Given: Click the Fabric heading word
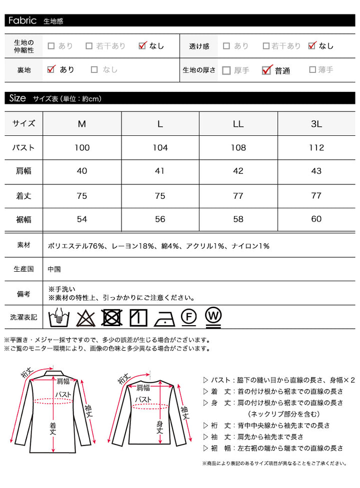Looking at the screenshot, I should click(x=22, y=20).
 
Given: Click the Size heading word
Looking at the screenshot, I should click(x=17, y=98).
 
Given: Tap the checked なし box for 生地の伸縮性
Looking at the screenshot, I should click(x=142, y=46).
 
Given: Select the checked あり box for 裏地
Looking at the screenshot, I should click(x=50, y=69).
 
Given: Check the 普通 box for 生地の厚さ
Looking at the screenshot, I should click(x=266, y=70).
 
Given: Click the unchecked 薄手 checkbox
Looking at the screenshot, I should click(x=312, y=70).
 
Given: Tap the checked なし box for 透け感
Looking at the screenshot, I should click(x=312, y=46).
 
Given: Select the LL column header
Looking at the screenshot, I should click(x=238, y=123).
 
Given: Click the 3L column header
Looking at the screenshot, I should click(x=316, y=123).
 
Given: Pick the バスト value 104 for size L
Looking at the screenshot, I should click(x=160, y=147).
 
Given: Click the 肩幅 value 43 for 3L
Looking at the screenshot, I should click(x=316, y=171).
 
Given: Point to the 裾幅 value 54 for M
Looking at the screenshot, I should click(x=82, y=219).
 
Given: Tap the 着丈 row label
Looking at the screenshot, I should click(x=23, y=196).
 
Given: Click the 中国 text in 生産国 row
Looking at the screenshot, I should click(x=54, y=269).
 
